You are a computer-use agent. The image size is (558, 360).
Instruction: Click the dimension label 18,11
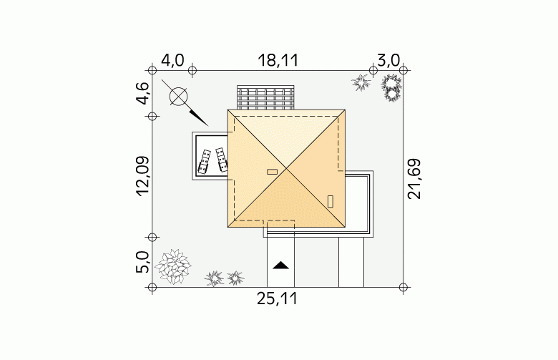point(278,61)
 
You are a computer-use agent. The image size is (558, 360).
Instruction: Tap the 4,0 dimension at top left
point(172,60)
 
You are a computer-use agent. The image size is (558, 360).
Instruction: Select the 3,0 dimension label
point(388,60)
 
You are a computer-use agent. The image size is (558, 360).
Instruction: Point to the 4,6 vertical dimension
point(142,93)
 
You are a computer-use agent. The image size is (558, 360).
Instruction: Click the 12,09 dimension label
point(142,176)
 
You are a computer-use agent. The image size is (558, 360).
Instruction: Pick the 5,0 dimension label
point(142,262)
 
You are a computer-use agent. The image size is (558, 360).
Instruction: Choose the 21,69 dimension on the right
point(414,179)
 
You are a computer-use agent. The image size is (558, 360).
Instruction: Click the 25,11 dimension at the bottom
point(278,298)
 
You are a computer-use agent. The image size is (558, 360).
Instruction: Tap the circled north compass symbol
point(179,97)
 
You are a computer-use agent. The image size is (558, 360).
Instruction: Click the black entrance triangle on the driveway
point(280,266)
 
